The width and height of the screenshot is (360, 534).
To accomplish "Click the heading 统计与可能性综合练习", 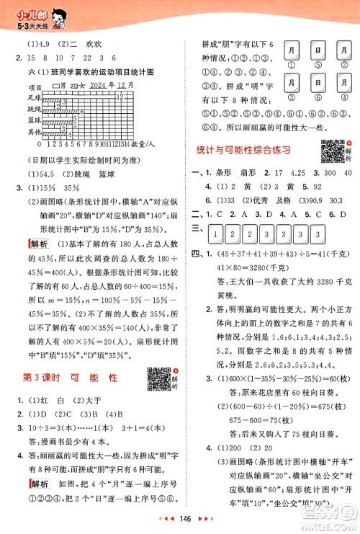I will tap(251, 149).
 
